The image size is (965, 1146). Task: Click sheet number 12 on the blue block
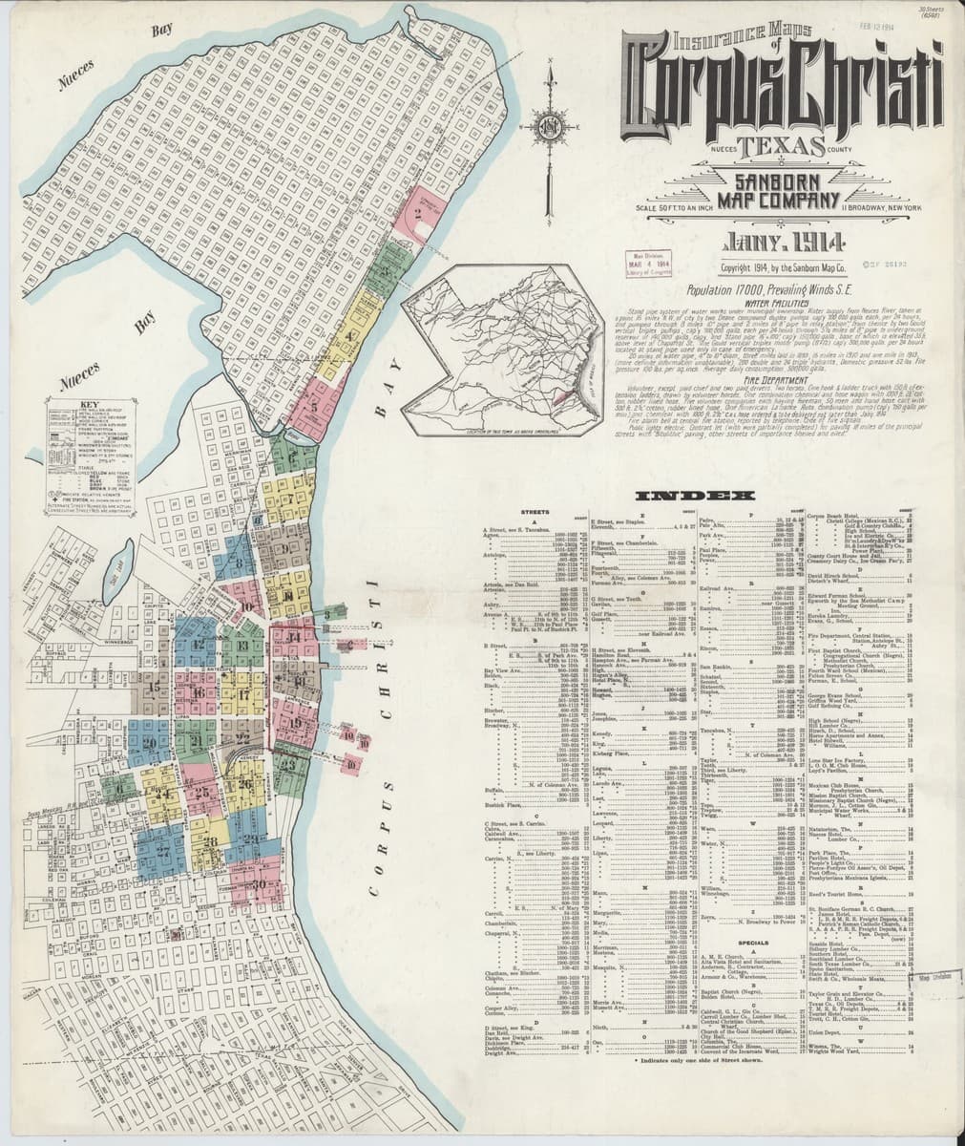199,642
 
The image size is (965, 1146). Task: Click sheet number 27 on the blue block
163,849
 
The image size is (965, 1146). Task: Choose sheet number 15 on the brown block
155,687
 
